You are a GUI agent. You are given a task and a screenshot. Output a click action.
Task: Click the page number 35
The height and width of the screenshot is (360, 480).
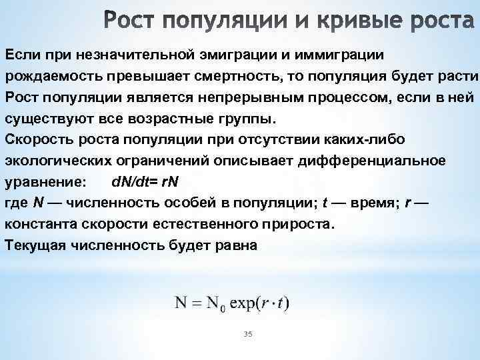(x=249, y=333)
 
